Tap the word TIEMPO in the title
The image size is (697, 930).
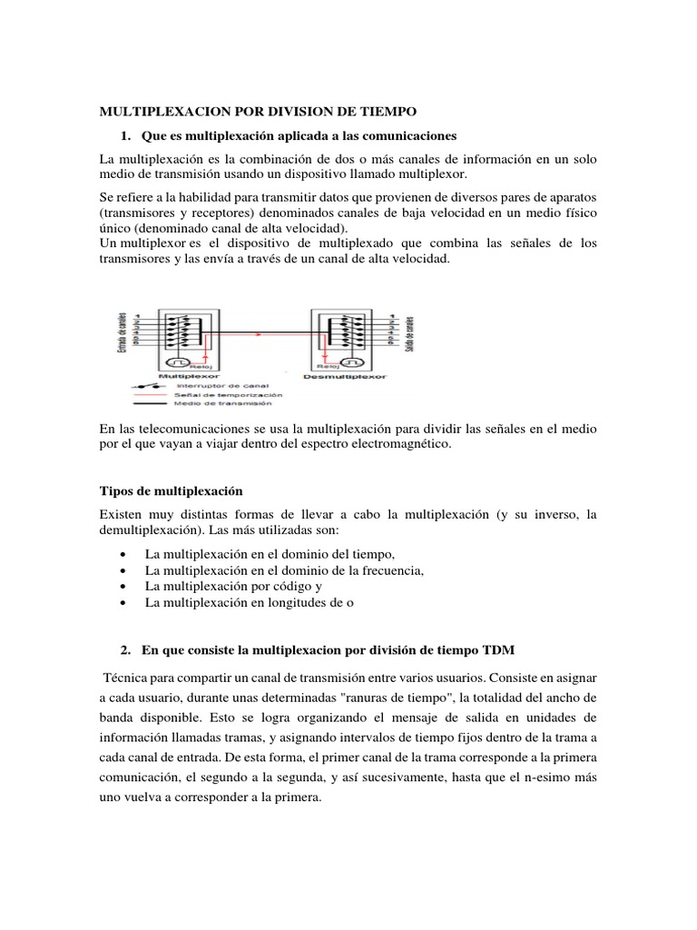383,112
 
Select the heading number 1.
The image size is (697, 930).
126,135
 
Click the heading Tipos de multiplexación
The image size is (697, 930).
171,490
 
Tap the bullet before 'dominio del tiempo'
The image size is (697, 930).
122,554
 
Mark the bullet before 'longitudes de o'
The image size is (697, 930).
122,603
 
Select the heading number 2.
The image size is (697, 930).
126,650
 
